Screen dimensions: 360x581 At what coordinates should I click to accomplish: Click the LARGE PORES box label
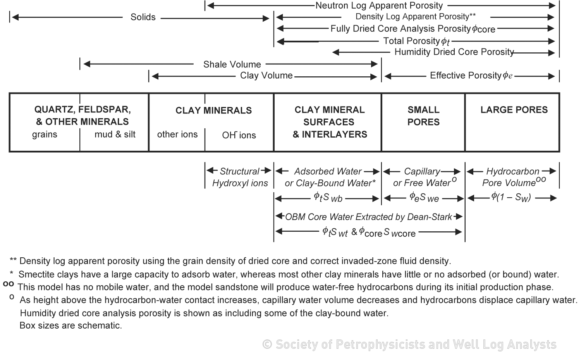(x=514, y=110)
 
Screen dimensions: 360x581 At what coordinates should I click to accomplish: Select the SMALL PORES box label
(x=423, y=116)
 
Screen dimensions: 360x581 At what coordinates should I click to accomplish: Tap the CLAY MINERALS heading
(x=213, y=110)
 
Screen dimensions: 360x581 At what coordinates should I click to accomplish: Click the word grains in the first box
(x=45, y=134)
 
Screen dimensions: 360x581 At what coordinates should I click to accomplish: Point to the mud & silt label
(x=115, y=134)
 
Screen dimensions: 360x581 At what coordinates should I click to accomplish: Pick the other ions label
(x=177, y=134)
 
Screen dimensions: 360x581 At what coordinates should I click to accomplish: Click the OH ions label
(x=239, y=135)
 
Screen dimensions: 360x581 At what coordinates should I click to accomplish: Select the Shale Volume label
(x=232, y=64)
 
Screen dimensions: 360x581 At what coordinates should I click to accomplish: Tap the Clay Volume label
(x=266, y=76)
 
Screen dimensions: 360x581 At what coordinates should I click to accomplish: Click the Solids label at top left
(x=143, y=17)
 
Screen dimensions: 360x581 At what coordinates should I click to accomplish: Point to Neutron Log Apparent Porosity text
(x=379, y=5)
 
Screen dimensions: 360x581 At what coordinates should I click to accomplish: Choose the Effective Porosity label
(x=471, y=76)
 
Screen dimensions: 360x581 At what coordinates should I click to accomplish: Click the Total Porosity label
(x=416, y=41)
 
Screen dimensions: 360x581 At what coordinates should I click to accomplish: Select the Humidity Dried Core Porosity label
(x=454, y=52)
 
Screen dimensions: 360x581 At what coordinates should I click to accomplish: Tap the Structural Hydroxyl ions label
(x=240, y=177)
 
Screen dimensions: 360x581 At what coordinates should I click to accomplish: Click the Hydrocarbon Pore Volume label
(x=513, y=177)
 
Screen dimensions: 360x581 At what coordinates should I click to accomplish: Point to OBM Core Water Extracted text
(x=368, y=217)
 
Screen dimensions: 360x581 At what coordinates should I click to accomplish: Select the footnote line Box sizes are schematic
(x=70, y=326)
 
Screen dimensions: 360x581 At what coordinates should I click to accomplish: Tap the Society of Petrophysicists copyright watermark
(x=409, y=344)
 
